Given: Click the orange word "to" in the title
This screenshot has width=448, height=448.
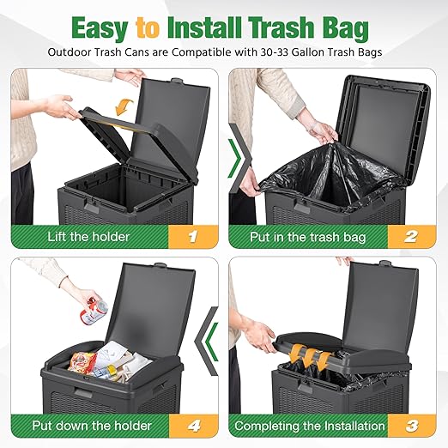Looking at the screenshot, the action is (148, 27).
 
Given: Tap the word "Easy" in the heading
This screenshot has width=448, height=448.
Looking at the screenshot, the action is (100, 28).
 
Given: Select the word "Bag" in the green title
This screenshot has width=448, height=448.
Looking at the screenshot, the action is (346, 28).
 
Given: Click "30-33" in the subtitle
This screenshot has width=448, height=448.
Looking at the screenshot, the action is (274, 52).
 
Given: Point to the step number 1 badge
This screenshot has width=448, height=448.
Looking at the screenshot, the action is (193, 237).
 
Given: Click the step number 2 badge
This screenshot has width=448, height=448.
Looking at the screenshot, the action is (411, 237).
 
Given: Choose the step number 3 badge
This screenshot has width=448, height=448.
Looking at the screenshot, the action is (412, 426).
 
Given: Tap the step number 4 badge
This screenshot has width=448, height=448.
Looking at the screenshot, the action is (194, 426).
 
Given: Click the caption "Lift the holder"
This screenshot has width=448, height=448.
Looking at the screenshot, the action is (88, 237).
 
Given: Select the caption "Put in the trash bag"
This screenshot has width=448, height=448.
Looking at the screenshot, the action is (307, 237).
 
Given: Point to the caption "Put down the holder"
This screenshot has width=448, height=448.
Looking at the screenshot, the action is (92, 426).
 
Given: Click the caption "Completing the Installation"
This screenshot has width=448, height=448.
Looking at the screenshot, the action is (310, 426).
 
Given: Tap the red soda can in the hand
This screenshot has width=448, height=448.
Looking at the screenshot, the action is (94, 311).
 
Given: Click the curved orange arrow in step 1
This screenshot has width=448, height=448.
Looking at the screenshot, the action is (124, 107).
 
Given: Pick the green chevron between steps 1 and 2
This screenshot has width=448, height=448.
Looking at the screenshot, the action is (235, 158).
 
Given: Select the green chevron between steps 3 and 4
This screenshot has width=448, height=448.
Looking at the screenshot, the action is (211, 342).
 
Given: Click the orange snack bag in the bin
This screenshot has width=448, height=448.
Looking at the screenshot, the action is (81, 362).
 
